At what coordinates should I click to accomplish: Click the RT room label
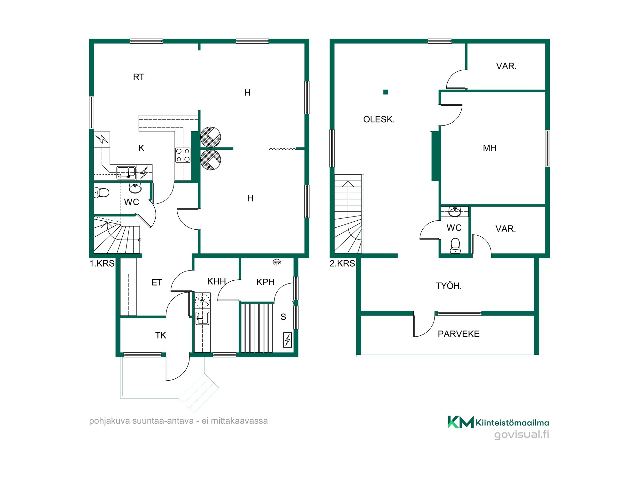coord(139,77)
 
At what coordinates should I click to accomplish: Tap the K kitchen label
coord(141,148)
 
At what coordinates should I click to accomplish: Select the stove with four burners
coord(183,155)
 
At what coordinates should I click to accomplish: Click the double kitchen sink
coord(126,172)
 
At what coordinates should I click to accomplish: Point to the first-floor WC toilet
coord(102,192)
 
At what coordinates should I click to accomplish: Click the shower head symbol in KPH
coord(277,262)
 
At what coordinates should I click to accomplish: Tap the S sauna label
coord(283,317)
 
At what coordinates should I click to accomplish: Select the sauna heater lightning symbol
coord(288,340)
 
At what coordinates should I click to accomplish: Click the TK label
coord(161,335)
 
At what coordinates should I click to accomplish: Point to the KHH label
coord(216,281)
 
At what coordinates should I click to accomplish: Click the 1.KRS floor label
coord(102,263)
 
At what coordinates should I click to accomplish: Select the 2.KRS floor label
coord(342,263)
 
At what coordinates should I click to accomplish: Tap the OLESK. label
coord(379,119)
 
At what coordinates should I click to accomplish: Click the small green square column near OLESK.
coord(386,92)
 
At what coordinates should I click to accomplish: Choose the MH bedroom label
coord(489,148)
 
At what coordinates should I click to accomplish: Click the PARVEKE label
coord(458,334)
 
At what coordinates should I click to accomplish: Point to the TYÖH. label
coord(449,285)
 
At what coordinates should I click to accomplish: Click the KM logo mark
coord(461,422)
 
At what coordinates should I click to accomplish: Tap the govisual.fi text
coord(521,434)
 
